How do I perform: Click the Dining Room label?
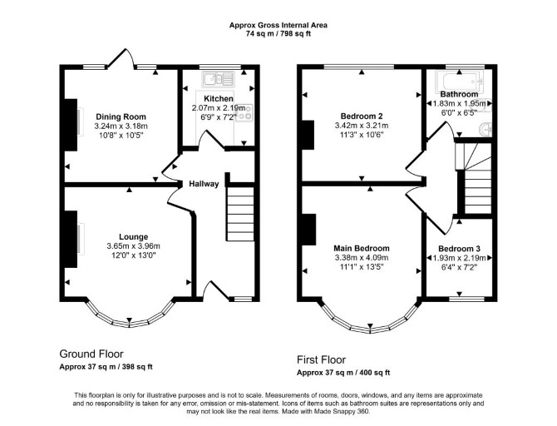[x=121, y=116]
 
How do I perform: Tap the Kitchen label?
[x=219, y=98]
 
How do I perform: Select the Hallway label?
[x=204, y=184]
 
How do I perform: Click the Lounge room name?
[x=133, y=237]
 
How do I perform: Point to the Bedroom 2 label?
[x=362, y=116]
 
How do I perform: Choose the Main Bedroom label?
[x=362, y=248]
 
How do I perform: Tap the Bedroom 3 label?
[x=459, y=249]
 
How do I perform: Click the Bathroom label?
[x=459, y=94]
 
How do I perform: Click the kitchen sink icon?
[x=218, y=79]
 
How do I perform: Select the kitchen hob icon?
[x=244, y=111]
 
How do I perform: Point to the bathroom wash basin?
[x=486, y=129]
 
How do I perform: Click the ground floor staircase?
[x=240, y=214]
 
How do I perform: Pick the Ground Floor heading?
[x=91, y=354]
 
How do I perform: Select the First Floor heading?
[x=321, y=360]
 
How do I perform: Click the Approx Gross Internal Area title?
[x=278, y=25]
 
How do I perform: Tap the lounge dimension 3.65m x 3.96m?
[x=133, y=246]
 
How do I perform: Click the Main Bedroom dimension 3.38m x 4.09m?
[x=362, y=257]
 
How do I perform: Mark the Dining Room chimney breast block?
[x=71, y=125]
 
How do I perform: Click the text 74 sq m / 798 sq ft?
[x=278, y=34]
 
